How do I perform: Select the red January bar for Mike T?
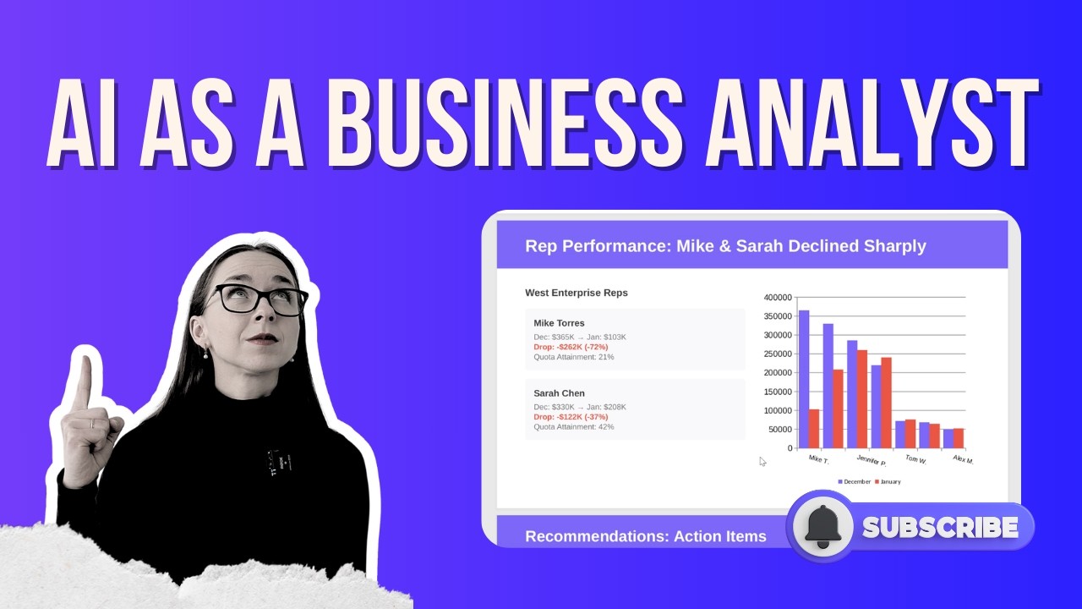point(814,428)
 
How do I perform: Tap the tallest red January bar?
point(862,398)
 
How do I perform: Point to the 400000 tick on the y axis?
point(778,298)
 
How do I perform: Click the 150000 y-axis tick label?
point(778,392)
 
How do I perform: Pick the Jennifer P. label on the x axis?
point(872,461)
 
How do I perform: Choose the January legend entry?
point(888,482)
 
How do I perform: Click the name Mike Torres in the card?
point(559,323)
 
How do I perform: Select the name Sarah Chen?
point(559,393)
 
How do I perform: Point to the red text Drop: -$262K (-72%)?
point(571,347)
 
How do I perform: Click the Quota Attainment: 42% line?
point(573,427)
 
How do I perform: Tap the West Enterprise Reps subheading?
point(577,293)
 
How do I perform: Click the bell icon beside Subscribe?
point(822,527)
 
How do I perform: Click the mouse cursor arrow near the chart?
point(762,461)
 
